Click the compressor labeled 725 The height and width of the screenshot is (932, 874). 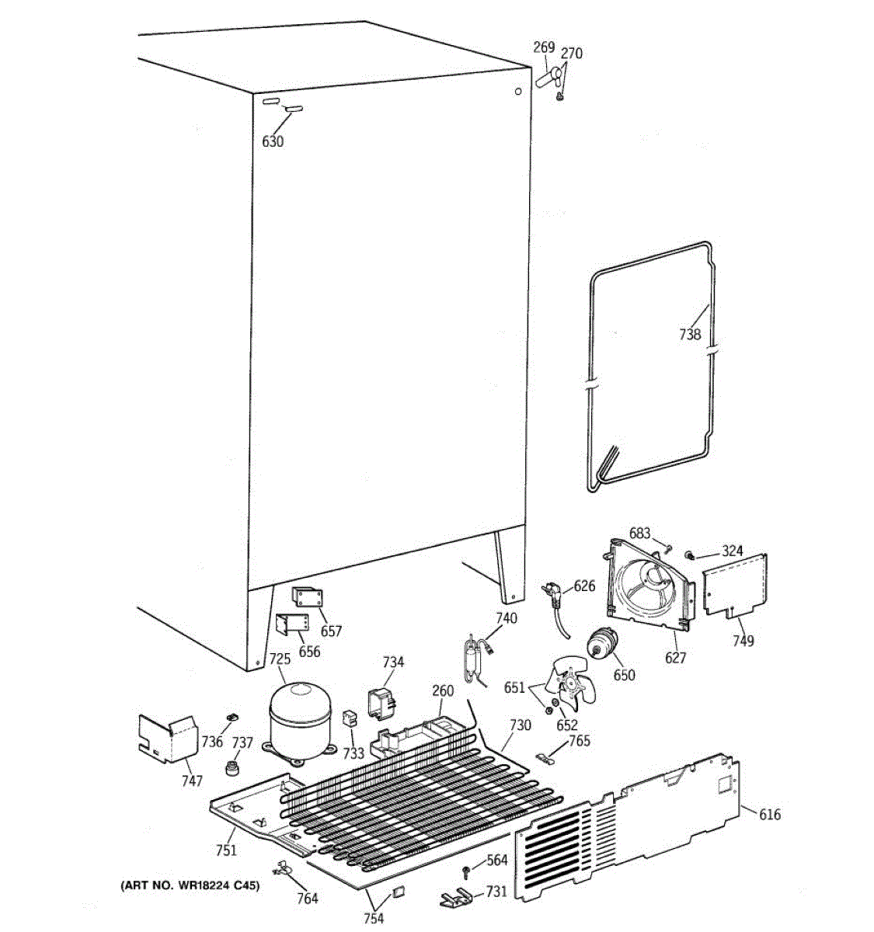pos(298,718)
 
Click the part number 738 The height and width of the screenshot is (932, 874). pos(689,335)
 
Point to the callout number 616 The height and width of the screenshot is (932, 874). pos(769,814)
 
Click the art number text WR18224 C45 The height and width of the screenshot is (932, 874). pos(190,885)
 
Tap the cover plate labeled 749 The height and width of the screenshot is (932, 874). pos(734,586)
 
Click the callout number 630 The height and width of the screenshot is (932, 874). pos(273,141)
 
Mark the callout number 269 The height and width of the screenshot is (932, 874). pos(544,47)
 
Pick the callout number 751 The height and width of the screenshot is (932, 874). pos(226,850)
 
